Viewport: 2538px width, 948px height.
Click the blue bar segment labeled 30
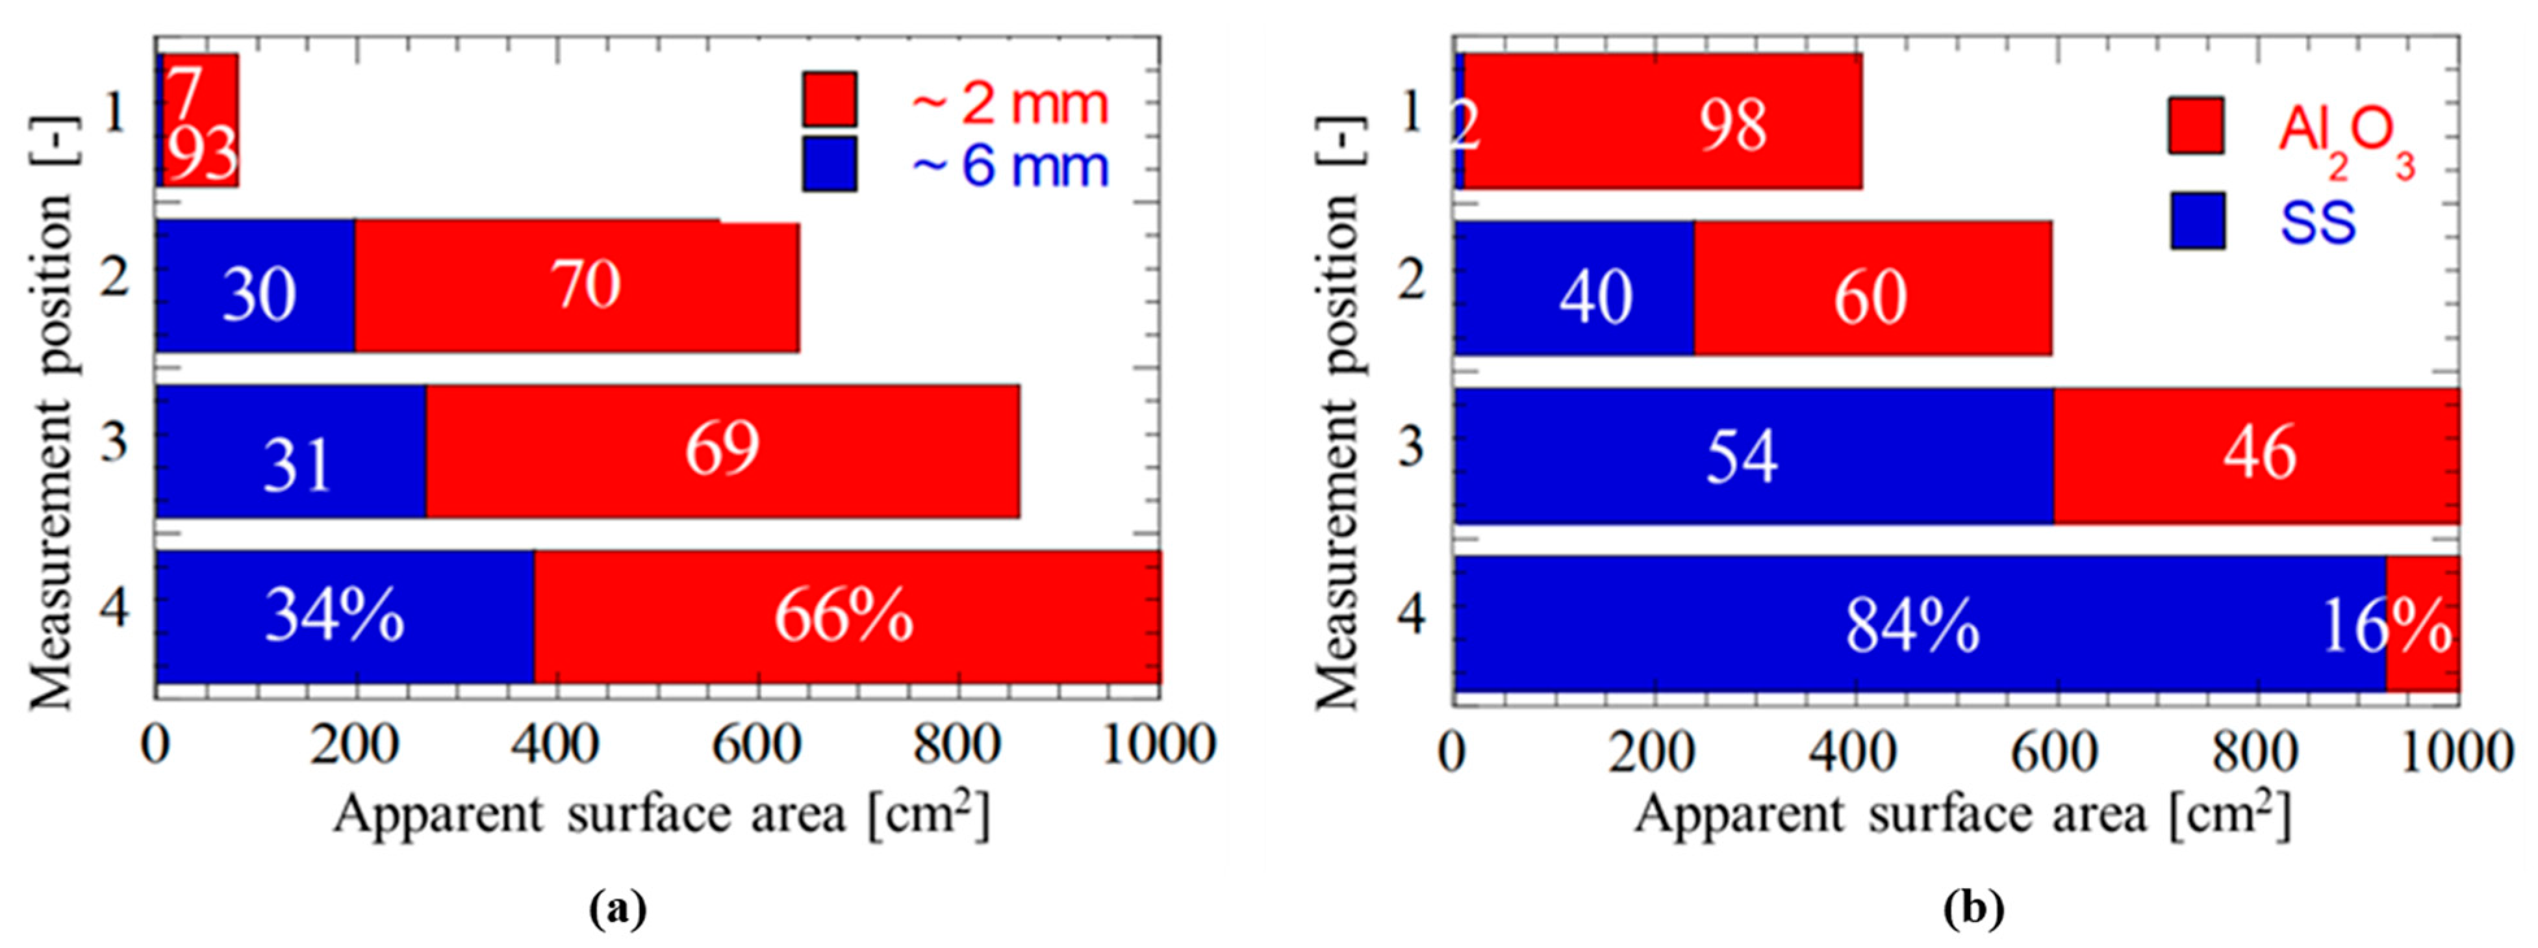pyautogui.click(x=255, y=286)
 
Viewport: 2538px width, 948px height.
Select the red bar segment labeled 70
pyautogui.click(x=576, y=286)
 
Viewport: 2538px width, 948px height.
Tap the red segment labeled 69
pyautogui.click(x=722, y=450)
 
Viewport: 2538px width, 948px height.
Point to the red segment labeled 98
pyautogui.click(x=1663, y=120)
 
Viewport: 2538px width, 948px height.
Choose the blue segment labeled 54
pyautogui.click(x=1754, y=455)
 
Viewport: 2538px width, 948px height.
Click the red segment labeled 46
pyautogui.click(x=2256, y=455)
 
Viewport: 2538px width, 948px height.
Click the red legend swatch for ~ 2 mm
pyautogui.click(x=830, y=99)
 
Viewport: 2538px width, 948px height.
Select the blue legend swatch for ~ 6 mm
pyautogui.click(x=830, y=164)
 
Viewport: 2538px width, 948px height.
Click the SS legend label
pyautogui.click(x=2317, y=223)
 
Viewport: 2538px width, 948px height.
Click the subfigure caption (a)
pyautogui.click(x=618, y=908)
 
